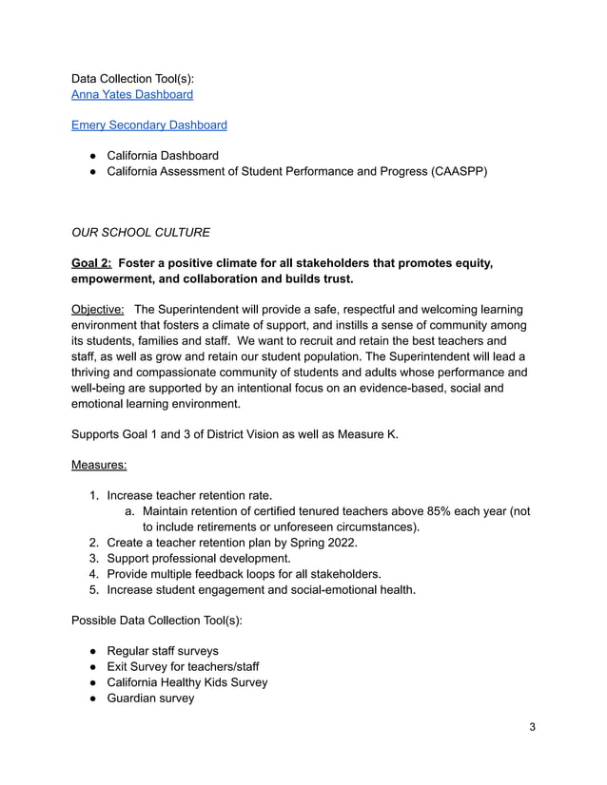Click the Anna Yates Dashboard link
pyautogui.click(x=132, y=94)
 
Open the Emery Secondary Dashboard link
pyautogui.click(x=148, y=124)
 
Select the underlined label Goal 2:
pyautogui.click(x=94, y=262)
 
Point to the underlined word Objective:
pyautogui.click(x=98, y=309)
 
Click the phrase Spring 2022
pyautogui.click(x=319, y=543)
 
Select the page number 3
pyautogui.click(x=533, y=727)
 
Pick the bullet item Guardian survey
pyautogui.click(x=150, y=698)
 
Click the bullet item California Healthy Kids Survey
pyautogui.click(x=186, y=681)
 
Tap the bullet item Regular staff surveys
pyautogui.click(x=163, y=651)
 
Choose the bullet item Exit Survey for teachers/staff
pyautogui.click(x=183, y=666)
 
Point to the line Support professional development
pyautogui.click(x=199, y=558)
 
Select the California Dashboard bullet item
pyautogui.click(x=163, y=155)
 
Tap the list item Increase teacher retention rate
pyautogui.click(x=189, y=495)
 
